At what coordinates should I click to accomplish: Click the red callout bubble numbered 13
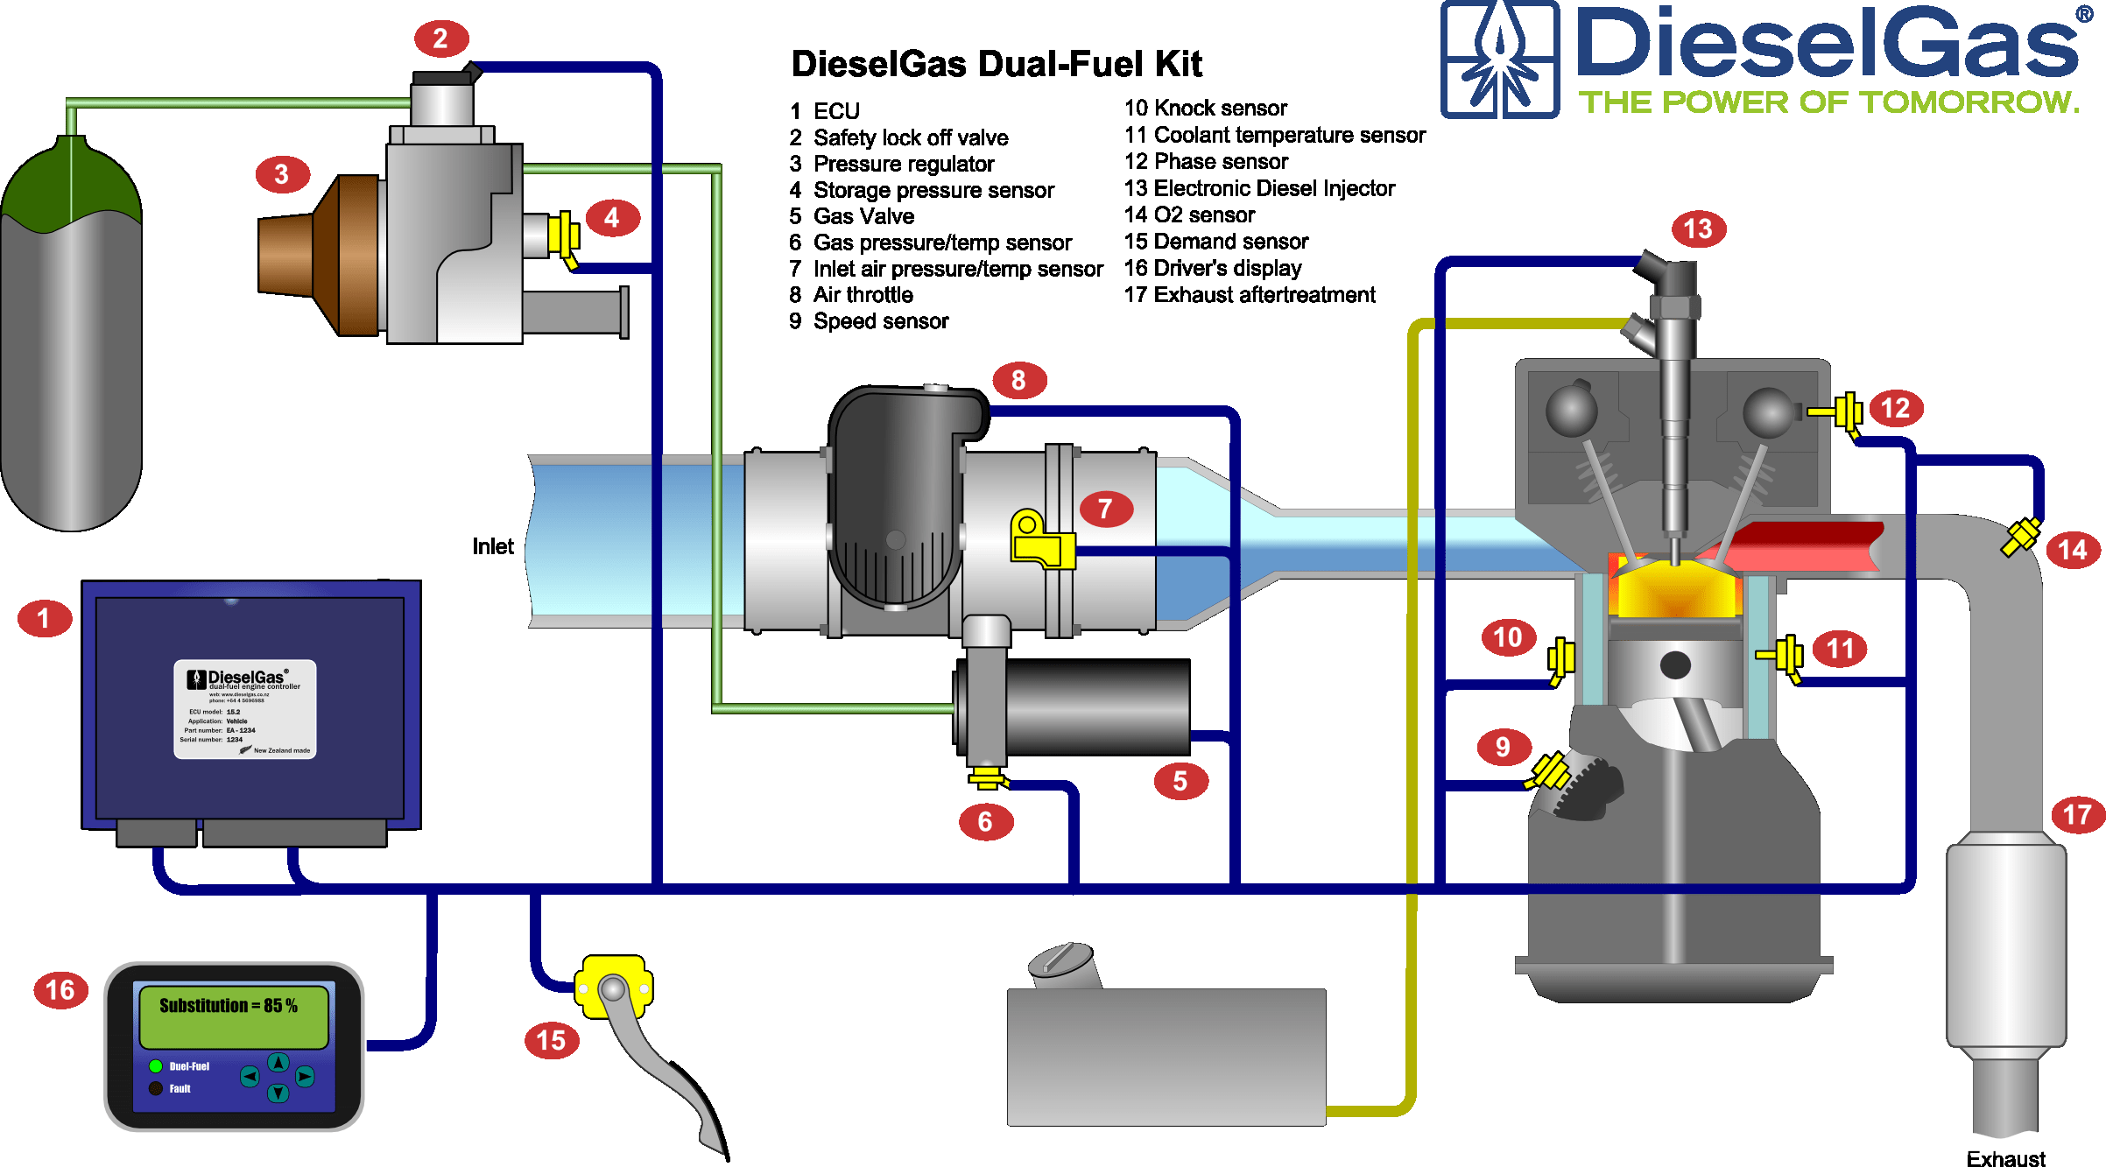[1698, 229]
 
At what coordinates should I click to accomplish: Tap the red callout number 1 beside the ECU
[44, 619]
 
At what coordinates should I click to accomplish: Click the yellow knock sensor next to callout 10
[1560, 659]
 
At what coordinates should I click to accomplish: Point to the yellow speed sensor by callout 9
[1550, 772]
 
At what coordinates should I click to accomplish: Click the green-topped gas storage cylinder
[71, 341]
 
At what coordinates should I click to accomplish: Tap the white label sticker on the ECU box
[245, 708]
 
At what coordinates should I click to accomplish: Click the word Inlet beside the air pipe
[493, 547]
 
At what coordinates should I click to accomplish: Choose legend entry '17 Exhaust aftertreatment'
[1250, 295]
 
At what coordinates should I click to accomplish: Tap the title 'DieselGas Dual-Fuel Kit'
[997, 64]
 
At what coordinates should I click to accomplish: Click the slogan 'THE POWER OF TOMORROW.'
[1828, 102]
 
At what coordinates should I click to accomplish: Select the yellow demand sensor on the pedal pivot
[613, 987]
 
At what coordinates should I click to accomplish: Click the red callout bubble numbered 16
[60, 990]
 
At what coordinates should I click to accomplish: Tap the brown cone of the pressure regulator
[320, 256]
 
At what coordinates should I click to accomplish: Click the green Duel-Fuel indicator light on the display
[156, 1065]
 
